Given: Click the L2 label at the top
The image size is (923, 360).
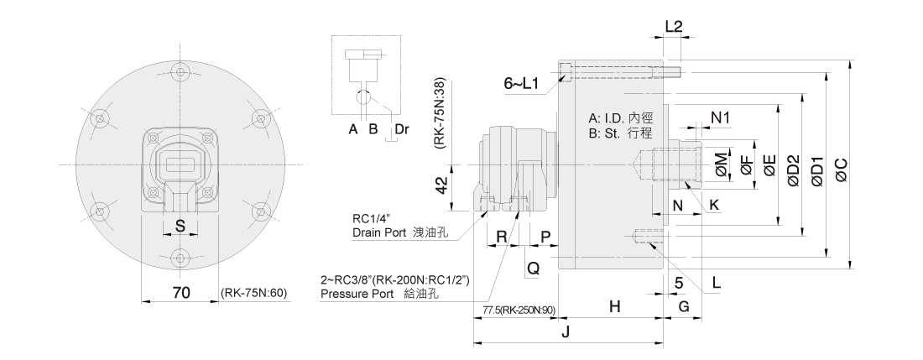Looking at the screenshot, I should tap(673, 26).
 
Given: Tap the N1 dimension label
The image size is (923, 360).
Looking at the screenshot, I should tap(721, 117).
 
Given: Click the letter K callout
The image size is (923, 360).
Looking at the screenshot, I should tap(714, 204).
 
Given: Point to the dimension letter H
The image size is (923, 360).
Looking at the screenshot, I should tap(615, 307).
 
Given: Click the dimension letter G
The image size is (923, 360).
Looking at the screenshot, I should tap(684, 307).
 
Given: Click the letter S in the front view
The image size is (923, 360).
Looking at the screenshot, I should tap(179, 225).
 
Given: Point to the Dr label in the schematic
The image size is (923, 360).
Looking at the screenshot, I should tap(402, 129).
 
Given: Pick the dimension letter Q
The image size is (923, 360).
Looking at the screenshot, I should tap(532, 268).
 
